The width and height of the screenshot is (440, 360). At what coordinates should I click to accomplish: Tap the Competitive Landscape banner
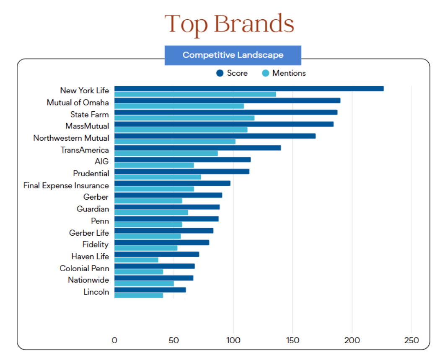(233, 55)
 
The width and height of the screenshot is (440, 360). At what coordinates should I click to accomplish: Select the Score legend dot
(220, 73)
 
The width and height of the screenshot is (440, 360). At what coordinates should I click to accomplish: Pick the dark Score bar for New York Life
(249, 89)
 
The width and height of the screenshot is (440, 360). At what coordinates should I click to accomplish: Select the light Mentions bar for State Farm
(184, 118)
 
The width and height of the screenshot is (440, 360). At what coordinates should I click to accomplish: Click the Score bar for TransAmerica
(197, 148)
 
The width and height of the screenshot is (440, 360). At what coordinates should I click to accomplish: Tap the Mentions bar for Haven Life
(136, 260)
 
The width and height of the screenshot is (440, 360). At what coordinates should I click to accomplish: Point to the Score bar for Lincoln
(150, 290)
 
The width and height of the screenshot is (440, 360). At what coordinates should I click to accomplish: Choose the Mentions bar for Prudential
(158, 177)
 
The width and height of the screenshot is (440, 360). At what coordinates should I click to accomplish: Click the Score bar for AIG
(182, 159)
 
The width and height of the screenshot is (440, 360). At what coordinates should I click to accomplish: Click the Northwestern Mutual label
(71, 138)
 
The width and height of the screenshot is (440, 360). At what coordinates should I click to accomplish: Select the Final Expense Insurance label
(66, 185)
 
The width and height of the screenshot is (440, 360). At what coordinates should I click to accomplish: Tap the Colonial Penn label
(84, 268)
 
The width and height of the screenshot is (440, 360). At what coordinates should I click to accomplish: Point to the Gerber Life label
(89, 233)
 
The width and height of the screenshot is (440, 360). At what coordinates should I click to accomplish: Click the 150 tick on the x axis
(292, 340)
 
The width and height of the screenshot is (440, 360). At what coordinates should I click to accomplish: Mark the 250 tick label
(411, 340)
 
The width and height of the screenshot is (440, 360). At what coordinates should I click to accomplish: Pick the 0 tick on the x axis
(114, 340)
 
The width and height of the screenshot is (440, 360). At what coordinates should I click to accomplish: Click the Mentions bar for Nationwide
(144, 283)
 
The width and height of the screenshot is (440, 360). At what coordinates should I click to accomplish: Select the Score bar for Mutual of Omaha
(227, 100)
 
